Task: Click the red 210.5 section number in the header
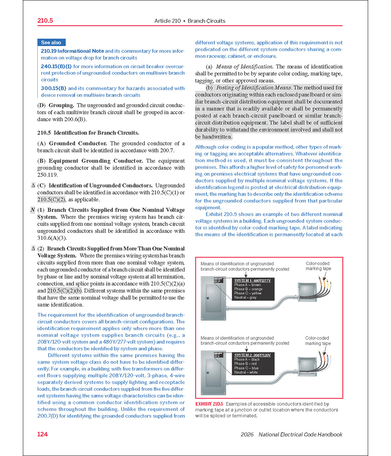[45, 21]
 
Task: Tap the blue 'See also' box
[51, 43]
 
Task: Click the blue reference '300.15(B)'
[54, 88]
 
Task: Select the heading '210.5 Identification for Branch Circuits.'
[88, 133]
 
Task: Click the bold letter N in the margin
[32, 210]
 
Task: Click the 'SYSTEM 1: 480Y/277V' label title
[252, 281]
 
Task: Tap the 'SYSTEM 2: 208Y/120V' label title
[252, 355]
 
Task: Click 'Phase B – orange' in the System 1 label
[248, 289]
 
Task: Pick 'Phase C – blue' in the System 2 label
[246, 368]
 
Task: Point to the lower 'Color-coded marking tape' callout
[318, 340]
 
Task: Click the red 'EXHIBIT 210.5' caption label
[209, 404]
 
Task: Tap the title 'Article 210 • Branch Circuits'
[190, 21]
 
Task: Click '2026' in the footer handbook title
[248, 434]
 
